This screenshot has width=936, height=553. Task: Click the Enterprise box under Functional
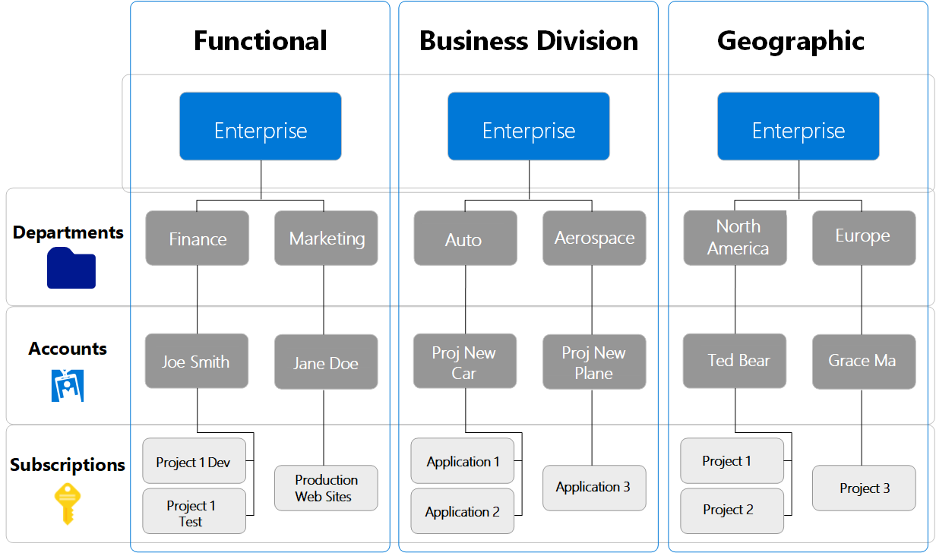(260, 126)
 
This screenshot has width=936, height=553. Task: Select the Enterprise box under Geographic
(798, 126)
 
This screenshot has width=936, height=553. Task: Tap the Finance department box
(197, 238)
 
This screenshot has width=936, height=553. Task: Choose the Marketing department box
(326, 238)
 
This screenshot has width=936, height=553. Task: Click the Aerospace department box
(594, 238)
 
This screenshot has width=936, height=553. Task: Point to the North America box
(735, 238)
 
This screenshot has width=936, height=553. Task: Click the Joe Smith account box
(197, 361)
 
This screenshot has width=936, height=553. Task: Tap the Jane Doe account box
(326, 362)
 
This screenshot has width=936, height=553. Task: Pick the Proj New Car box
(465, 361)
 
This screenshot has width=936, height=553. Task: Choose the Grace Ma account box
(864, 362)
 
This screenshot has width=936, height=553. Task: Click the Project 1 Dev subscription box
(194, 461)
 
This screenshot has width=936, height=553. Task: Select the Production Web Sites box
(326, 488)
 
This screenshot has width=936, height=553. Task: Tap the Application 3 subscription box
(594, 488)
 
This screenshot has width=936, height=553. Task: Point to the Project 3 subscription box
(864, 488)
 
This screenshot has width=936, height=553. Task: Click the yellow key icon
(67, 503)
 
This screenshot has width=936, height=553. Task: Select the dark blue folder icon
(71, 268)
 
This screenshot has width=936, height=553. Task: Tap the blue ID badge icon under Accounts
(67, 385)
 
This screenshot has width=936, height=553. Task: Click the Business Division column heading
(529, 40)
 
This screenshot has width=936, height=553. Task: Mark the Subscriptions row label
(68, 464)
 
